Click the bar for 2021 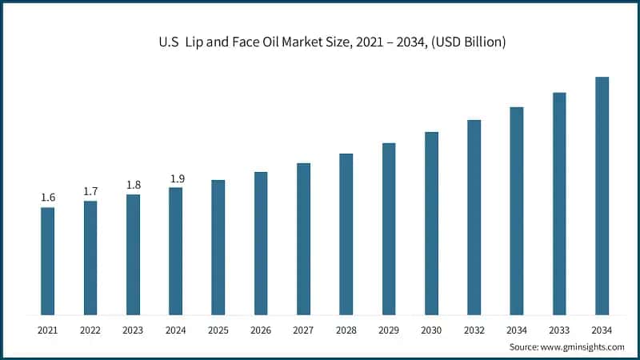tap(48, 261)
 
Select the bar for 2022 tap(90, 258)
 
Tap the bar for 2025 tap(218, 247)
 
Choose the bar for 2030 tap(431, 223)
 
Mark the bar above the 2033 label tap(559, 203)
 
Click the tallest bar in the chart tap(602, 196)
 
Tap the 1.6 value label tap(48, 198)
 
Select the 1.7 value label tap(90, 191)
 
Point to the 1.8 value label tap(133, 185)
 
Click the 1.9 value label tap(176, 178)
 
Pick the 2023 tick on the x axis tap(133, 330)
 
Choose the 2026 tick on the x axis tap(261, 330)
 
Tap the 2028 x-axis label tap(346, 330)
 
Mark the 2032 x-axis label tap(474, 330)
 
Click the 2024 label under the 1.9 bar tap(176, 330)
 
